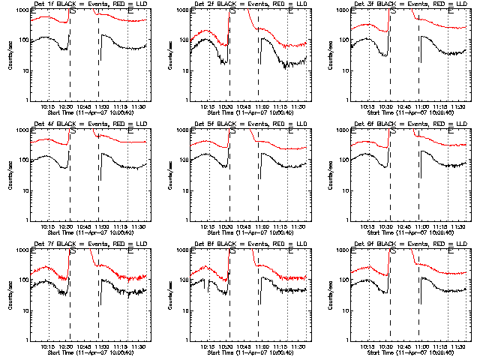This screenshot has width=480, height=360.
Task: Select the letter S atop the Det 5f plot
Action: pyautogui.click(x=232, y=131)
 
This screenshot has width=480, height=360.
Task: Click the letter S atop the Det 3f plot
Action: pyautogui.click(x=392, y=11)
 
